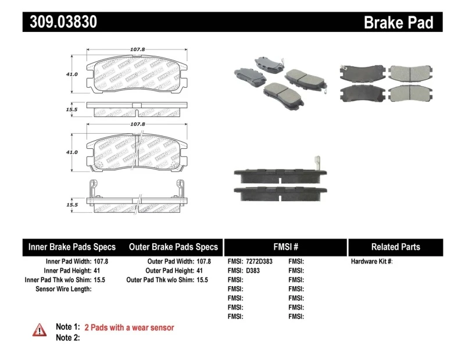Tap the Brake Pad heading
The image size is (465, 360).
point(398,23)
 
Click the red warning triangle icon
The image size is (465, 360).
point(40,330)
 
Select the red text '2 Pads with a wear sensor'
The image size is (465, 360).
point(129,327)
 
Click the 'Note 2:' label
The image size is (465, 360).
point(67,337)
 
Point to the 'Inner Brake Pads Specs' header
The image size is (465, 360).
point(72,247)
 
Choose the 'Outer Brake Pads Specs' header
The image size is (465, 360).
point(173,247)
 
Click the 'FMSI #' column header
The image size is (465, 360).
point(285,247)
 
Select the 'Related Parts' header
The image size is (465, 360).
point(395,247)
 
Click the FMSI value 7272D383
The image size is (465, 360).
point(258,262)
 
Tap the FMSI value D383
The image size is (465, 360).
point(252,270)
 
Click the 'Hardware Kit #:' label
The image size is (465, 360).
point(372,262)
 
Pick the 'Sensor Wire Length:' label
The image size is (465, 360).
point(63,288)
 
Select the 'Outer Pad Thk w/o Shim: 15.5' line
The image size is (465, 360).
point(167,280)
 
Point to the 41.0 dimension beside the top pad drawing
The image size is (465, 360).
point(72,74)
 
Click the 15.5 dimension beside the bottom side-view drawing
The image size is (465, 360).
point(72,205)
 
